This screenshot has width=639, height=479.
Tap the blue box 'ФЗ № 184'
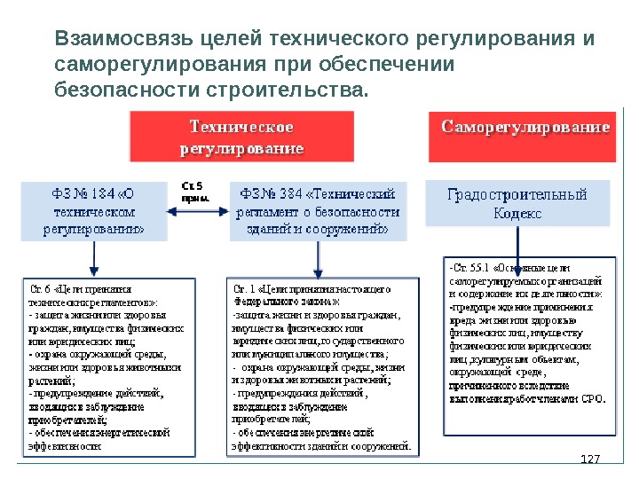[94, 211]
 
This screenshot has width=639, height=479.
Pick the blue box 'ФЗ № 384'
[318, 211]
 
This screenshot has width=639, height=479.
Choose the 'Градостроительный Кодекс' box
[517, 204]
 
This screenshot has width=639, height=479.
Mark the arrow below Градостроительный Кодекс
[517, 239]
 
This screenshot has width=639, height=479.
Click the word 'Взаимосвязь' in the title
[125, 40]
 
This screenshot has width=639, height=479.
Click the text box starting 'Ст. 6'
[107, 367]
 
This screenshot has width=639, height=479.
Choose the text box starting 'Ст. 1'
[320, 367]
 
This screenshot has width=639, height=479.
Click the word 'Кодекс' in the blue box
[517, 213]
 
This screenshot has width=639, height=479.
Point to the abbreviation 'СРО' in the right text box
[592, 398]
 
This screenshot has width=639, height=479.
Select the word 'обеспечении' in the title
[390, 66]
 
